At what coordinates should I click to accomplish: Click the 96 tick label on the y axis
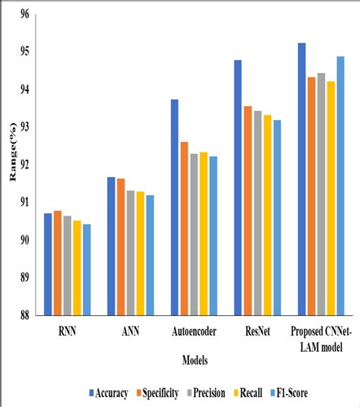[24, 14]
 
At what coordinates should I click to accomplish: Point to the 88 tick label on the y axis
[24, 315]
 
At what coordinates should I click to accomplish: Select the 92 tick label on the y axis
[24, 165]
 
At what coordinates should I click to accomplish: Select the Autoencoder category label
[194, 332]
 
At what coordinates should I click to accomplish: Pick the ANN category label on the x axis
[130, 332]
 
